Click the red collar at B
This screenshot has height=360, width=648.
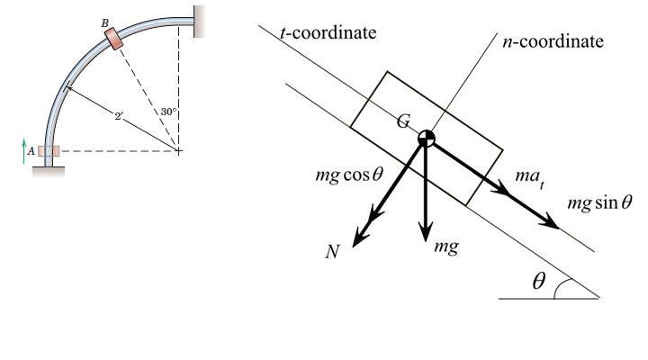114,38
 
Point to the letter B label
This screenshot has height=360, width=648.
104,22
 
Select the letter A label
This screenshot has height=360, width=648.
31,152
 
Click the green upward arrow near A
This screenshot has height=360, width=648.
25,148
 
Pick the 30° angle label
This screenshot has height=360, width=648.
168,112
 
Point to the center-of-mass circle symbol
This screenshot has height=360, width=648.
427,138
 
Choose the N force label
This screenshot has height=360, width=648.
333,251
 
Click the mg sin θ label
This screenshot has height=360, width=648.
599,202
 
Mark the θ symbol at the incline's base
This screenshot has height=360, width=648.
538,282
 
